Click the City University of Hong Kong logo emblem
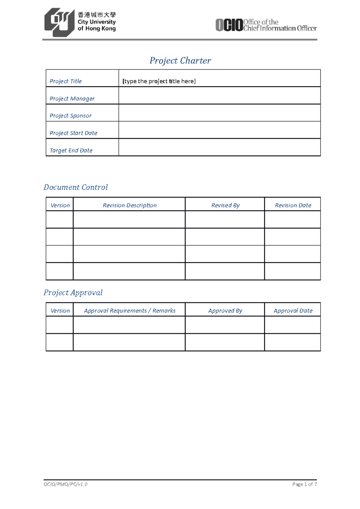[59, 22]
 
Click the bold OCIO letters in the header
[229, 25]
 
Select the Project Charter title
[180, 61]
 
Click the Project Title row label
[66, 81]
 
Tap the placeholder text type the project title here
[159, 81]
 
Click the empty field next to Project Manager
[219, 96]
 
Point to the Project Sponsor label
[70, 116]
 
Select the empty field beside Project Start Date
[219, 130]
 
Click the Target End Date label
[71, 150]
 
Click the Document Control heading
[76, 187]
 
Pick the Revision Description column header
[130, 205]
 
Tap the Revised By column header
[225, 205]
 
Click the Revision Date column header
[293, 205]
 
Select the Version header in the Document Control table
[60, 205]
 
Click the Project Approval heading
[73, 293]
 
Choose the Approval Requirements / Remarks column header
[130, 311]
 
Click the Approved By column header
[225, 311]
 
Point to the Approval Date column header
[293, 311]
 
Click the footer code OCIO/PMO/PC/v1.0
[65, 484]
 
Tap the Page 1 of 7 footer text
[304, 484]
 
